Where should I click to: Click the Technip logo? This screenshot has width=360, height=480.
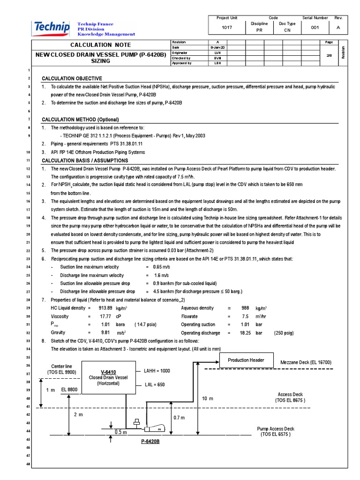point(51,29)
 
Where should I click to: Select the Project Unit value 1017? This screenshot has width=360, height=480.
point(227,28)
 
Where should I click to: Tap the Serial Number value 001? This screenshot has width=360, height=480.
point(315,28)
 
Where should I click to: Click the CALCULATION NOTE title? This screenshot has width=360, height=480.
point(97,45)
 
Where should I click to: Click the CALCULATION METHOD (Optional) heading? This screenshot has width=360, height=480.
point(80,120)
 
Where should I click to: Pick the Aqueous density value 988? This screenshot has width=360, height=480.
point(245,308)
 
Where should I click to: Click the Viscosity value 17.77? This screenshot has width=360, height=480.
point(105,316)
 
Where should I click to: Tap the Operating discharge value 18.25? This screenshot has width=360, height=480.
point(245,333)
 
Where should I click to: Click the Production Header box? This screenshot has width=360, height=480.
point(246,360)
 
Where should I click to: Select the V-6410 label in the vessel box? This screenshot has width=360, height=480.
point(108,372)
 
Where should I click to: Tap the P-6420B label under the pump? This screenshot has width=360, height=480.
point(150,442)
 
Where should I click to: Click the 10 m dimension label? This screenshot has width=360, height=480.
point(208,398)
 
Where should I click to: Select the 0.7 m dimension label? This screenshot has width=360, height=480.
point(179,418)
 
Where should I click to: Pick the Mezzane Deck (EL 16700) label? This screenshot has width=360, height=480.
point(306,362)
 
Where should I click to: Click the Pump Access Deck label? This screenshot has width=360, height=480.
point(276,428)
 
